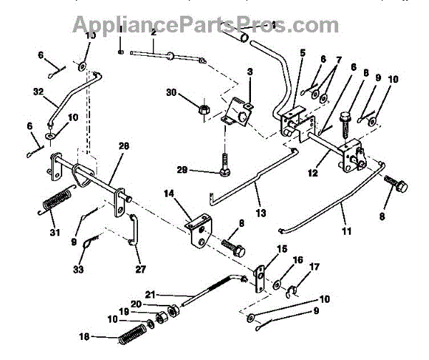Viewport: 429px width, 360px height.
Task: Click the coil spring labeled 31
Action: (x=56, y=199)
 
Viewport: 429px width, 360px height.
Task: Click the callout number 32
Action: (x=38, y=91)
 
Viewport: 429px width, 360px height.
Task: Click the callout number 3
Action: (x=250, y=72)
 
